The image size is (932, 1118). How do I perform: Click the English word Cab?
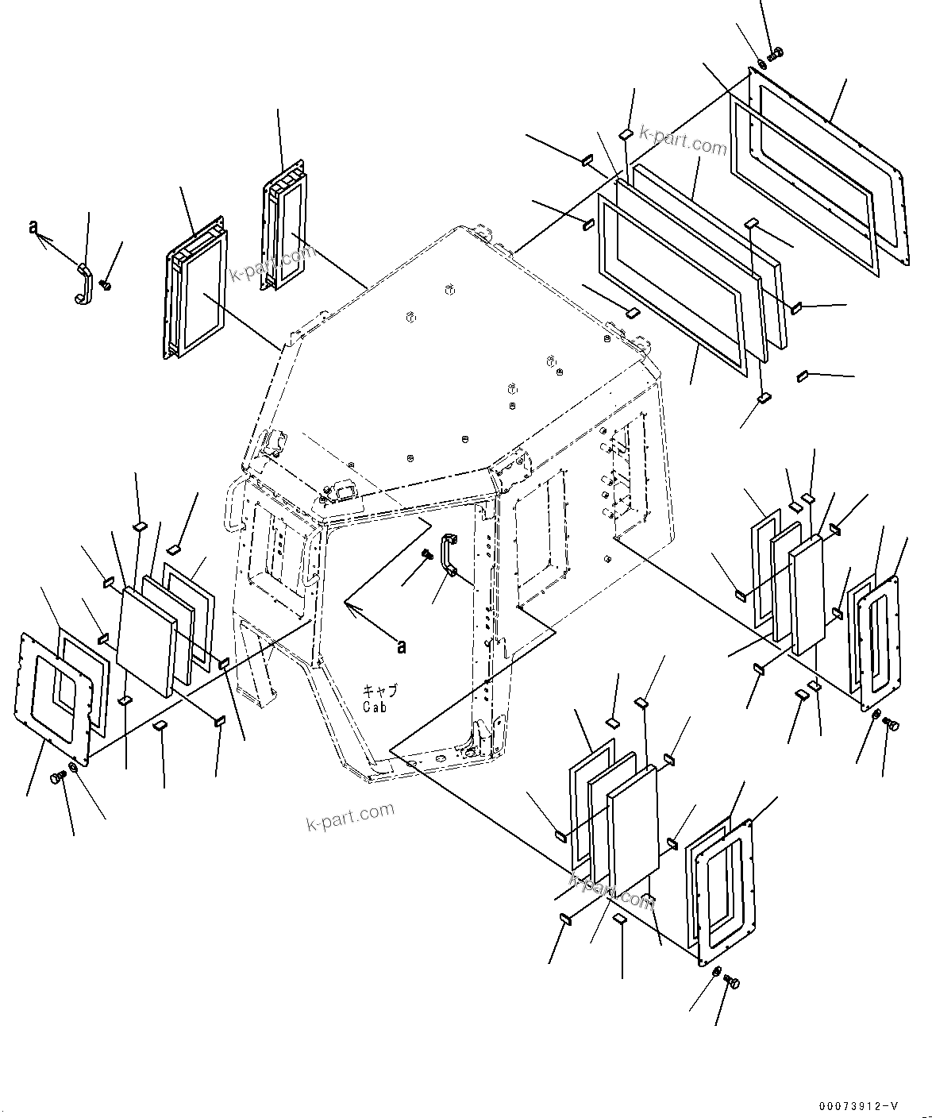[x=375, y=707]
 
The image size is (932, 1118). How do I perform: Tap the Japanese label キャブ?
[x=380, y=691]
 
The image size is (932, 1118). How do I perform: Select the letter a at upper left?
[x=33, y=227]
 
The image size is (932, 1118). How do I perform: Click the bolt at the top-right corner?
[x=776, y=54]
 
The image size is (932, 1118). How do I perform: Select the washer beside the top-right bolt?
[x=762, y=64]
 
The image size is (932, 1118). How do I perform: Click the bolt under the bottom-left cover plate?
[x=58, y=777]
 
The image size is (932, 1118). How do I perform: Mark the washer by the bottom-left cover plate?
[x=73, y=767]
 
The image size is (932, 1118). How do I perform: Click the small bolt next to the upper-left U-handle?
[x=106, y=283]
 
